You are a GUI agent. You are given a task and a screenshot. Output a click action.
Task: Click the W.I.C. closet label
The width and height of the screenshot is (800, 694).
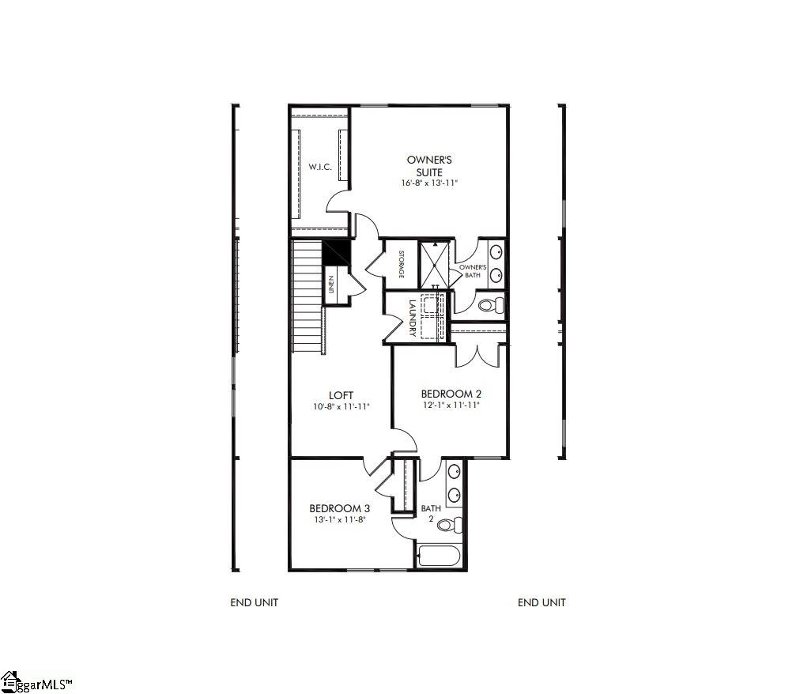(x=320, y=168)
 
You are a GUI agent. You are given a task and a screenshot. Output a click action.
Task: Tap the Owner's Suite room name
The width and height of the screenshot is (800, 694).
(x=429, y=166)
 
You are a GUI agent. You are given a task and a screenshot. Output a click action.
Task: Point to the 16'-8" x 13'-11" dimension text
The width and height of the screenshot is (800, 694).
(x=429, y=183)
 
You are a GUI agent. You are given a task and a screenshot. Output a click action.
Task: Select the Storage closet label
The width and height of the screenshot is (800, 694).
(x=401, y=264)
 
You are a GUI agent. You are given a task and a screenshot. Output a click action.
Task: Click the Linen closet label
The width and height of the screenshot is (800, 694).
(x=332, y=283)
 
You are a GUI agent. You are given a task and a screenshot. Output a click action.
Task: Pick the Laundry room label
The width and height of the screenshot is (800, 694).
(x=412, y=318)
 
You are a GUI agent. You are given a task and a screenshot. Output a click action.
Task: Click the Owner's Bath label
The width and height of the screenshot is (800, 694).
(x=473, y=271)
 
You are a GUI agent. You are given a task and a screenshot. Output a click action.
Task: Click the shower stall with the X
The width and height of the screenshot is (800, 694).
(x=434, y=264)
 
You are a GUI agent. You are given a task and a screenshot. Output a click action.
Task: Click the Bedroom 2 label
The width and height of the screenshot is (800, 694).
(x=451, y=394)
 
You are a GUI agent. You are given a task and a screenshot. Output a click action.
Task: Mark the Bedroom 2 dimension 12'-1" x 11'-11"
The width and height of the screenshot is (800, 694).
(x=451, y=405)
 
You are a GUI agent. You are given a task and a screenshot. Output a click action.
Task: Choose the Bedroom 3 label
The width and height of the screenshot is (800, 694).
(x=339, y=508)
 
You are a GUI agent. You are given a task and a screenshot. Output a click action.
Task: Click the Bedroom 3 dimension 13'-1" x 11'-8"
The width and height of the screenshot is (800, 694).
(x=339, y=519)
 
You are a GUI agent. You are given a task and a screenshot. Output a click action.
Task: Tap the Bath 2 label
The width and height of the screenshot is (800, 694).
(x=431, y=514)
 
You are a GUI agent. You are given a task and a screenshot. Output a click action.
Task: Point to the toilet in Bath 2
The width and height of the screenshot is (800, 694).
(x=450, y=524)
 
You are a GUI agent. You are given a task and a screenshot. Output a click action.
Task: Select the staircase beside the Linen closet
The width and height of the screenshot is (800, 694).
(x=308, y=297)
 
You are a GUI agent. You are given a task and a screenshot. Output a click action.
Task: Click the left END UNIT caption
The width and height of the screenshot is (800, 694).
(x=255, y=602)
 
